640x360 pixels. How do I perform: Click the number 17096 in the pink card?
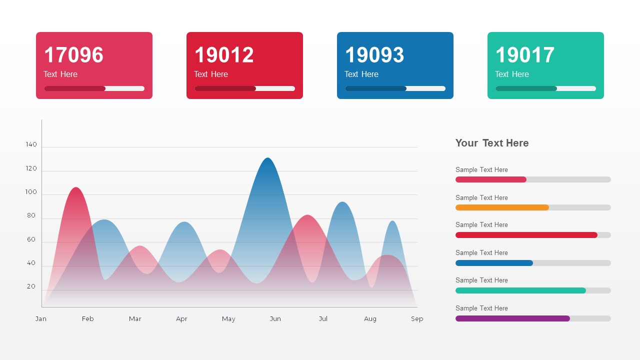click(73, 55)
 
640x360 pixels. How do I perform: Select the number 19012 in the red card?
click(224, 55)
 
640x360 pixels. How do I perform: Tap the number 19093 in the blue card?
click(374, 55)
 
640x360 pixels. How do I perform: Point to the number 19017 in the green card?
click(525, 55)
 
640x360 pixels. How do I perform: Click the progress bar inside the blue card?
click(395, 88)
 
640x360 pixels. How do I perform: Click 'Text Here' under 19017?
click(511, 74)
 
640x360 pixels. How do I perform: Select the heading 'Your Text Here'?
click(492, 143)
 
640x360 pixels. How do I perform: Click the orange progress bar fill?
click(502, 207)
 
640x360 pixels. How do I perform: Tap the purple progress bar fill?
click(512, 318)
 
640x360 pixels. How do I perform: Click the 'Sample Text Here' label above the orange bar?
click(481, 198)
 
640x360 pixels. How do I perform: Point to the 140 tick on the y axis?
click(31, 144)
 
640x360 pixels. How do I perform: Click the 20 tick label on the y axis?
click(31, 286)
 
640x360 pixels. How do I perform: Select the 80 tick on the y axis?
click(31, 215)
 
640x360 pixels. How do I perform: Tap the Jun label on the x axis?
click(275, 319)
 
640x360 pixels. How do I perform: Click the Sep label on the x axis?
click(417, 319)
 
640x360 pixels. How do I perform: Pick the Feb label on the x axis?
click(88, 319)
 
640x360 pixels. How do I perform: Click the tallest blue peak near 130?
click(268, 159)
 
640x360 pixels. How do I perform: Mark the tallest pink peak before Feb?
click(76, 188)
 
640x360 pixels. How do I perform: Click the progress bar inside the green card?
click(545, 88)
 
